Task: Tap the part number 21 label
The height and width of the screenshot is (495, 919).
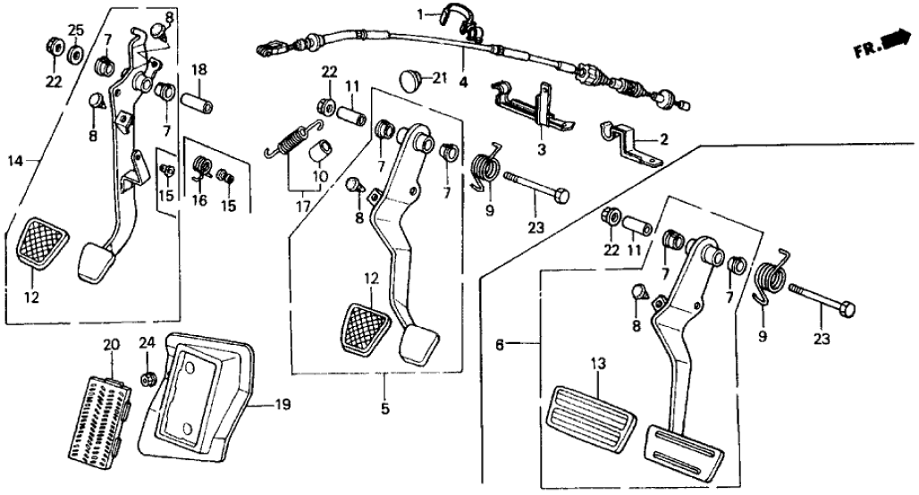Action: pos(438,78)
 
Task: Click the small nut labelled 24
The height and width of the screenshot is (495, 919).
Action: pos(147,381)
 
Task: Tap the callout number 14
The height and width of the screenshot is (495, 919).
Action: pos(13,161)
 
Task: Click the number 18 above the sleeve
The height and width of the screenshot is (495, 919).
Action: pos(199,70)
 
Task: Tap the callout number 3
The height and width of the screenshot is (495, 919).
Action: pos(539,147)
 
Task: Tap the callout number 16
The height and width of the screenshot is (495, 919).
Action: pos(199,200)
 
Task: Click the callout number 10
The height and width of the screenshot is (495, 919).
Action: pos(321,176)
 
